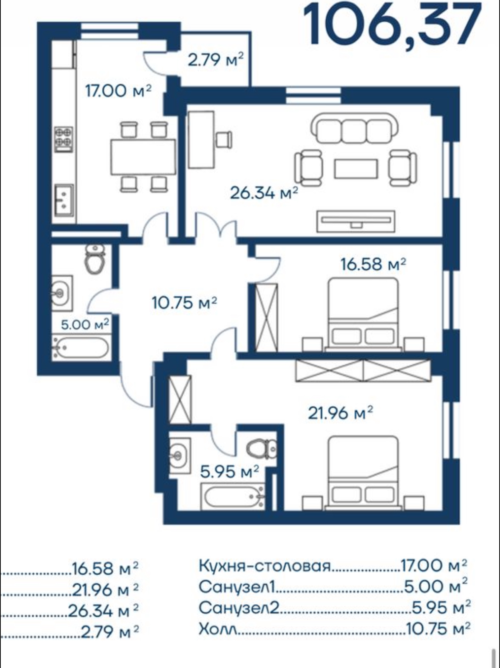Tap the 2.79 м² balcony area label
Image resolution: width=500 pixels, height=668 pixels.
[x=216, y=60]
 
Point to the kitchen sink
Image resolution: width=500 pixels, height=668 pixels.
[x=64, y=199]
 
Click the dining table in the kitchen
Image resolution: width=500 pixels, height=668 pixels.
[x=143, y=157]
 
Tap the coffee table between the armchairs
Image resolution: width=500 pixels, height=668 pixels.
[x=356, y=169]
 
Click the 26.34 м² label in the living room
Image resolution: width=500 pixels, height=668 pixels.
[x=264, y=193]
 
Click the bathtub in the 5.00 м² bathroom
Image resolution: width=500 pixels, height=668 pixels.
[x=81, y=348]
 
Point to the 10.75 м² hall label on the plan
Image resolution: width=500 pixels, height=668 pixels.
[x=184, y=302]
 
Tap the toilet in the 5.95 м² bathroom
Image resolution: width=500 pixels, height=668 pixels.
[x=262, y=449]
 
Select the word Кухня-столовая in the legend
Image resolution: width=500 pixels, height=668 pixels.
[x=265, y=566]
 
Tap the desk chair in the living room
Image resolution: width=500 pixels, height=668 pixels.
[x=224, y=139]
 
